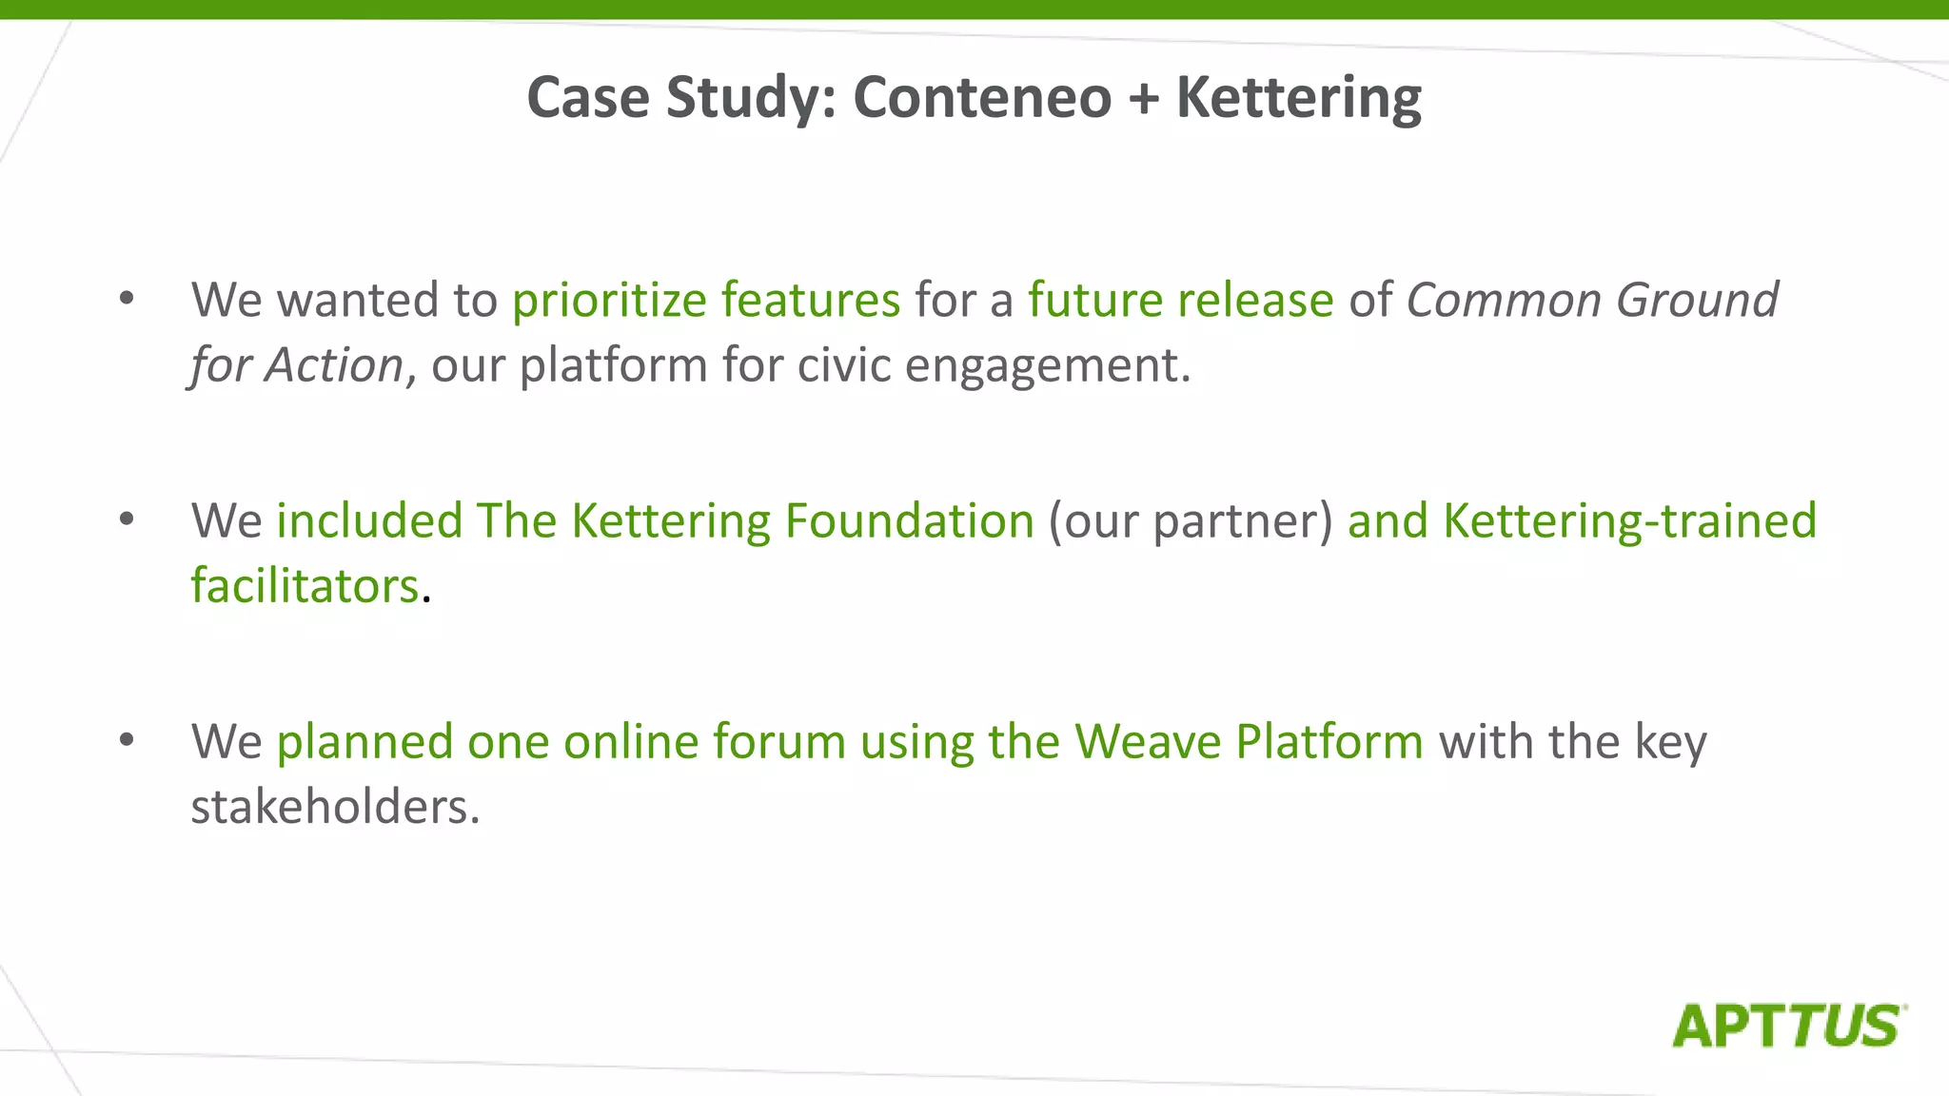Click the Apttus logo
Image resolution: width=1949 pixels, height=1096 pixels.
click(1788, 1026)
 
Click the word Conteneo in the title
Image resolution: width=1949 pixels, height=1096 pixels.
click(982, 98)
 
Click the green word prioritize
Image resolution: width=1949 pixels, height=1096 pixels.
click(609, 302)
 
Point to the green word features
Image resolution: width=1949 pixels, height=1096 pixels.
click(810, 301)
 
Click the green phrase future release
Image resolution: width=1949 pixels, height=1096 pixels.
click(1180, 301)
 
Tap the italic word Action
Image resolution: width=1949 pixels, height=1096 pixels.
click(335, 366)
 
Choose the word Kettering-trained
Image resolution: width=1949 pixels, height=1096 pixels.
click(1629, 522)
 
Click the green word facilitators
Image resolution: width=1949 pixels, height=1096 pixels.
click(305, 586)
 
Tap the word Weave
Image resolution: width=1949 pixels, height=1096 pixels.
click(1148, 742)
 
